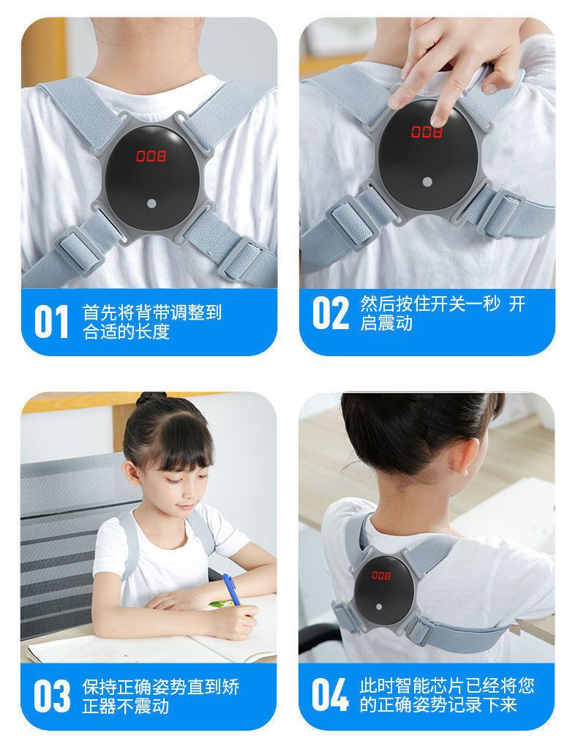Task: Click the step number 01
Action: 51,322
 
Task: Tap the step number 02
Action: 331,313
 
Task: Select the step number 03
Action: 52,696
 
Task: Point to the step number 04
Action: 329,696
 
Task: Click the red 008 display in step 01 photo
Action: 151,156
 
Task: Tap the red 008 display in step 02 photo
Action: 427,132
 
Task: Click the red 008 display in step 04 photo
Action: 381,575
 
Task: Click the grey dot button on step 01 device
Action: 151,203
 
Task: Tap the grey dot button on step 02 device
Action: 427,182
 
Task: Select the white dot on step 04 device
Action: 379,607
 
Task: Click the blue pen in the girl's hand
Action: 231,590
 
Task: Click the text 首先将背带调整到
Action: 152,312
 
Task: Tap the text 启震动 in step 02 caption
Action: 386,323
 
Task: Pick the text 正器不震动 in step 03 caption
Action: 126,706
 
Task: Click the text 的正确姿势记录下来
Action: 438,705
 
